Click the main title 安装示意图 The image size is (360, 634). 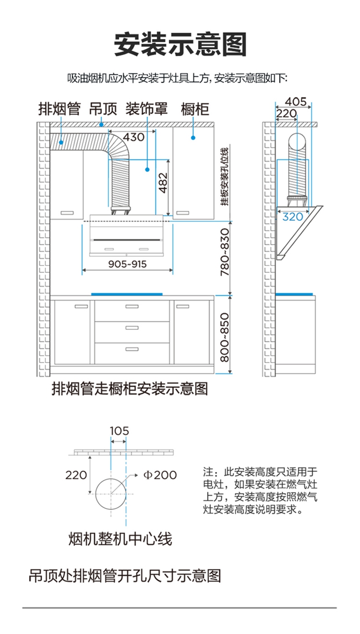(180, 45)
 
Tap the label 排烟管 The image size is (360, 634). (60, 109)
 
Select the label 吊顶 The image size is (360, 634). (103, 109)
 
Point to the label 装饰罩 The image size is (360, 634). (146, 109)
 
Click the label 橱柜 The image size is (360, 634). (195, 109)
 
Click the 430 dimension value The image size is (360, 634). (133, 137)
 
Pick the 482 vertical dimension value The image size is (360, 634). (163, 183)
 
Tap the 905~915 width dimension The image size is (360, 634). (127, 264)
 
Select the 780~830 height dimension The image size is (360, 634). (225, 252)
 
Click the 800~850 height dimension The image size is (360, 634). (225, 337)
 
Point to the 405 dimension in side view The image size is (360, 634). (296, 102)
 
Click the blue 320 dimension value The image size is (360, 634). (293, 217)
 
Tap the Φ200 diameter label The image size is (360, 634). (160, 475)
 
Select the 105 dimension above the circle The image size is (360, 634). (119, 431)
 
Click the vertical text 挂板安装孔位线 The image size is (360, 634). (225, 177)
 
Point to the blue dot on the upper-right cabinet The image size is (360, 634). (193, 138)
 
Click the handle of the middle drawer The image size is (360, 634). (132, 328)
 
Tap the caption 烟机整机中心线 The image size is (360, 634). (120, 538)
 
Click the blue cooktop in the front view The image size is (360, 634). (127, 294)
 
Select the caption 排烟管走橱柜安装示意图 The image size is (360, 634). (130, 389)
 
